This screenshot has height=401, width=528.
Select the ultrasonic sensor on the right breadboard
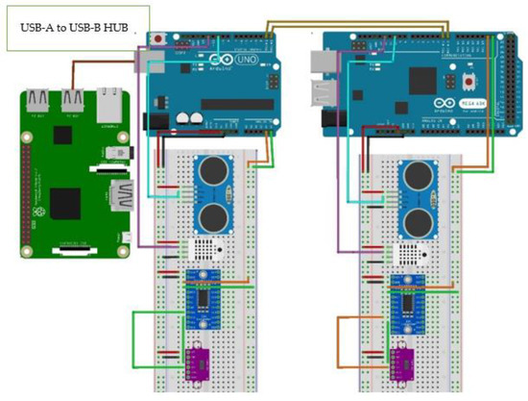420,196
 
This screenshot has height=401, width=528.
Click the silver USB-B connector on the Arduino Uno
151,60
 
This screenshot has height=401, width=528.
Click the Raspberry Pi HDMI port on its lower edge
72,253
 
